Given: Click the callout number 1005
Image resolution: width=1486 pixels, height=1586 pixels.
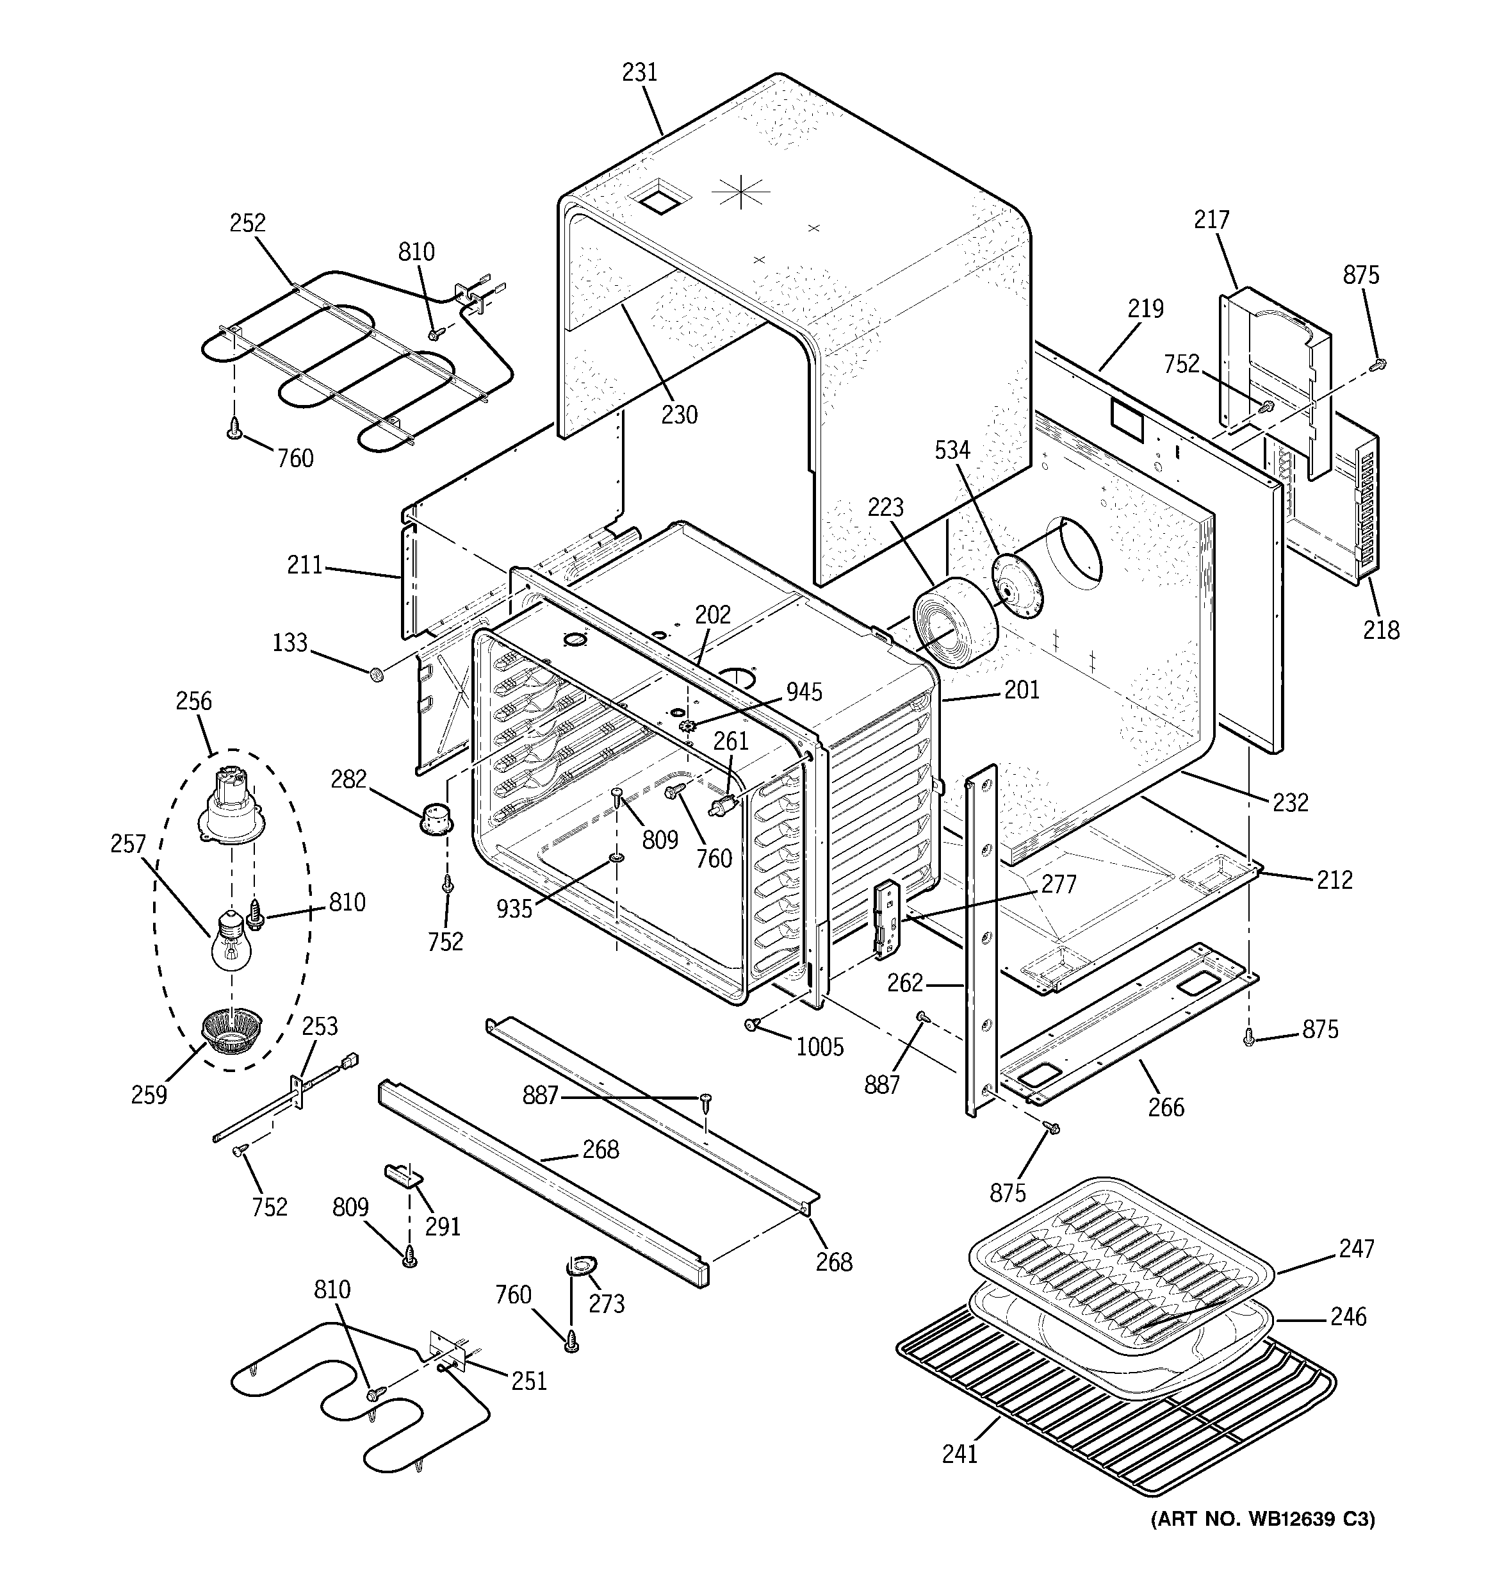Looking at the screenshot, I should click(x=819, y=1046).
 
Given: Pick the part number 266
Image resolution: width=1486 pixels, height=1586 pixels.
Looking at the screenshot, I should click(x=1165, y=1107).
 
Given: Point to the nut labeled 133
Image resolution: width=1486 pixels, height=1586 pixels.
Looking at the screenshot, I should click(x=378, y=675).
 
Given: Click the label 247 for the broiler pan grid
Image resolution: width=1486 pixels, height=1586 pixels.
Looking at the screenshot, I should click(x=1356, y=1248).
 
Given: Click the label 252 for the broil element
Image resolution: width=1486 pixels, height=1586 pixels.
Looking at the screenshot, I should click(x=247, y=224).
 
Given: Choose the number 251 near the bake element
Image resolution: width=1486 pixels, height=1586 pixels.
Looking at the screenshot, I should click(x=529, y=1380).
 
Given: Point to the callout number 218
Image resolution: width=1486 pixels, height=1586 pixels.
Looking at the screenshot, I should click(x=1381, y=631).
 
